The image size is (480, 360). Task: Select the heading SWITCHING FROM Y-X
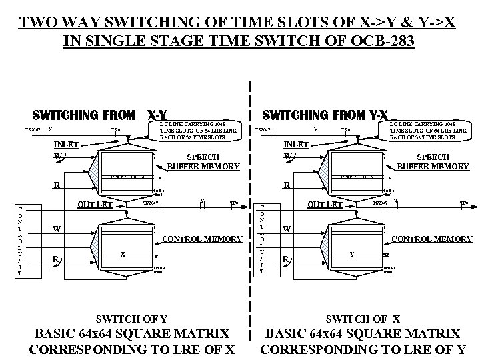[x=326, y=115]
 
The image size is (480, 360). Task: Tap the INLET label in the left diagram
[x=66, y=144]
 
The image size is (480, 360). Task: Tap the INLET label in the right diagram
[x=297, y=144]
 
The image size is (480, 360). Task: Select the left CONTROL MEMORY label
[x=202, y=239]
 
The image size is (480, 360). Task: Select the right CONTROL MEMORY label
[x=432, y=239]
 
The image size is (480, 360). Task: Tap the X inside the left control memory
[x=123, y=254]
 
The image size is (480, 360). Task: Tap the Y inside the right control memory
[x=353, y=254]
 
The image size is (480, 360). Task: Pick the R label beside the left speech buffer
[x=57, y=185]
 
